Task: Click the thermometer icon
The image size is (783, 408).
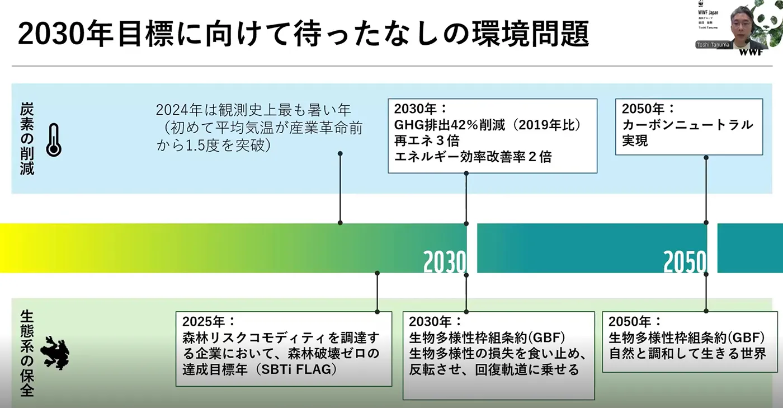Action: (54, 140)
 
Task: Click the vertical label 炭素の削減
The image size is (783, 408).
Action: (27, 138)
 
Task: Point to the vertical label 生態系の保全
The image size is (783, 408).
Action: (27, 353)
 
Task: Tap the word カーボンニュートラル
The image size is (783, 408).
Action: (687, 125)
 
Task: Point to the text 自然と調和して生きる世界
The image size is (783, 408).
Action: (687, 354)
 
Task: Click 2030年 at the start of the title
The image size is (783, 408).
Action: (59, 35)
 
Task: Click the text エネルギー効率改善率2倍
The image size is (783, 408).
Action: (473, 157)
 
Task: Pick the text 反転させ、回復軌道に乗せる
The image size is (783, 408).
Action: (494, 370)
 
